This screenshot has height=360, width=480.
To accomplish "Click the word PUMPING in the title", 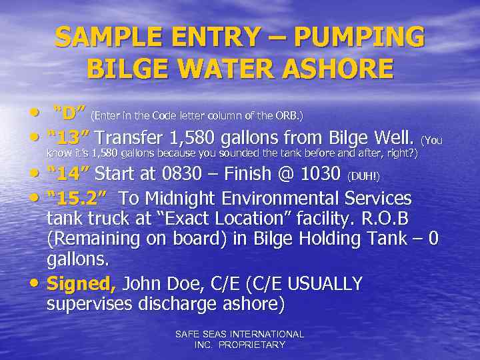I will [x=359, y=37].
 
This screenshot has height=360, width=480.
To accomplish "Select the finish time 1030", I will [x=317, y=175].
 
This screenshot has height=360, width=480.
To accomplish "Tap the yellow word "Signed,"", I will [x=81, y=284].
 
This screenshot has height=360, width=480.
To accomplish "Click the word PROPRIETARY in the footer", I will [x=254, y=345].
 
